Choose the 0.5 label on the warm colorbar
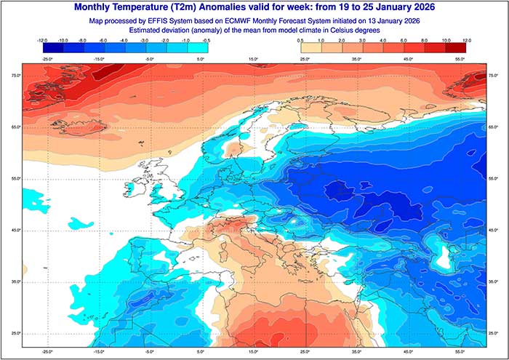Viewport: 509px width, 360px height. tap(300, 41)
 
